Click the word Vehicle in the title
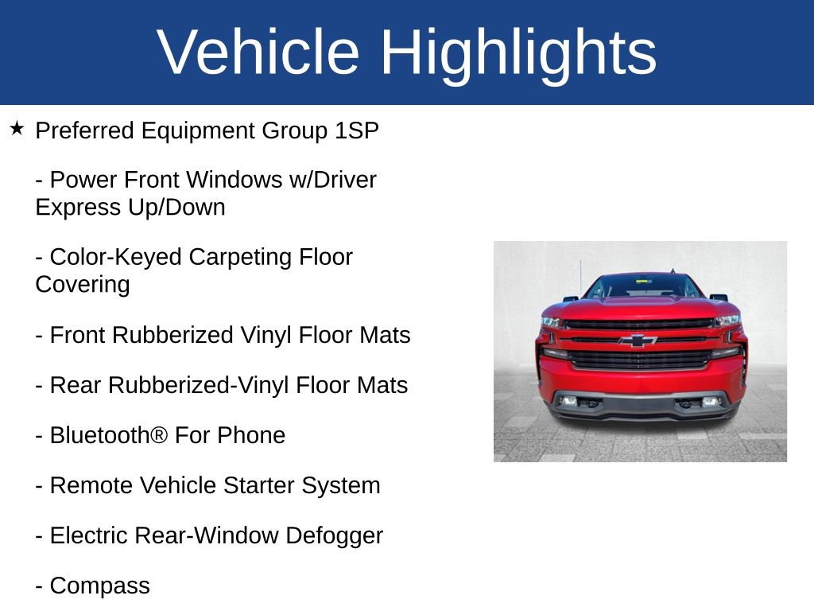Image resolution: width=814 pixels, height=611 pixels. tap(258, 53)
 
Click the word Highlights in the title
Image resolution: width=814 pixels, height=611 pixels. tap(518, 53)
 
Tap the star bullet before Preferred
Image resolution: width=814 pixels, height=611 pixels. tap(17, 128)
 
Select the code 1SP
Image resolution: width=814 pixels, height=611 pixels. tap(357, 130)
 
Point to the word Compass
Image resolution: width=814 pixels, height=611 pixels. tap(99, 586)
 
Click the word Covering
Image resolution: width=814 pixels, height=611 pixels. tap(83, 284)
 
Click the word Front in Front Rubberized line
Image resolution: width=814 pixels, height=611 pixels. tap(78, 335)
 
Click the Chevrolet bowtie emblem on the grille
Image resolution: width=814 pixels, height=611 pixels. tap(638, 341)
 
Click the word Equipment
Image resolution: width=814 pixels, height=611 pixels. tap(200, 130)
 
